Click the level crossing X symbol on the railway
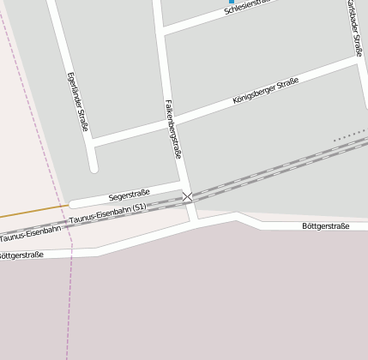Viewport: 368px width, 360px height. (x=187, y=197)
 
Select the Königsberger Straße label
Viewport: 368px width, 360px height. (x=266, y=91)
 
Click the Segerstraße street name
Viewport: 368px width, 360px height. (x=130, y=195)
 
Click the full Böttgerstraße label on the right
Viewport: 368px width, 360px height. (x=326, y=226)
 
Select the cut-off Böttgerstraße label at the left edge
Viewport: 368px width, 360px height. (x=21, y=255)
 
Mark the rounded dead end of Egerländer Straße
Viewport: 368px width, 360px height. (x=94, y=165)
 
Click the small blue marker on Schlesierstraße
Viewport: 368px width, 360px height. (x=231, y=2)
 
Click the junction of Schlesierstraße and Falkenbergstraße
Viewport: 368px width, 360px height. (x=163, y=32)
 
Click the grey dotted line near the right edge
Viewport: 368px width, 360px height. (x=350, y=135)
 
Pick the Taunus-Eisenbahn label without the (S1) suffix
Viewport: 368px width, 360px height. (x=30, y=232)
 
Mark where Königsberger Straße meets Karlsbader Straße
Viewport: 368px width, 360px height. (x=358, y=60)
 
